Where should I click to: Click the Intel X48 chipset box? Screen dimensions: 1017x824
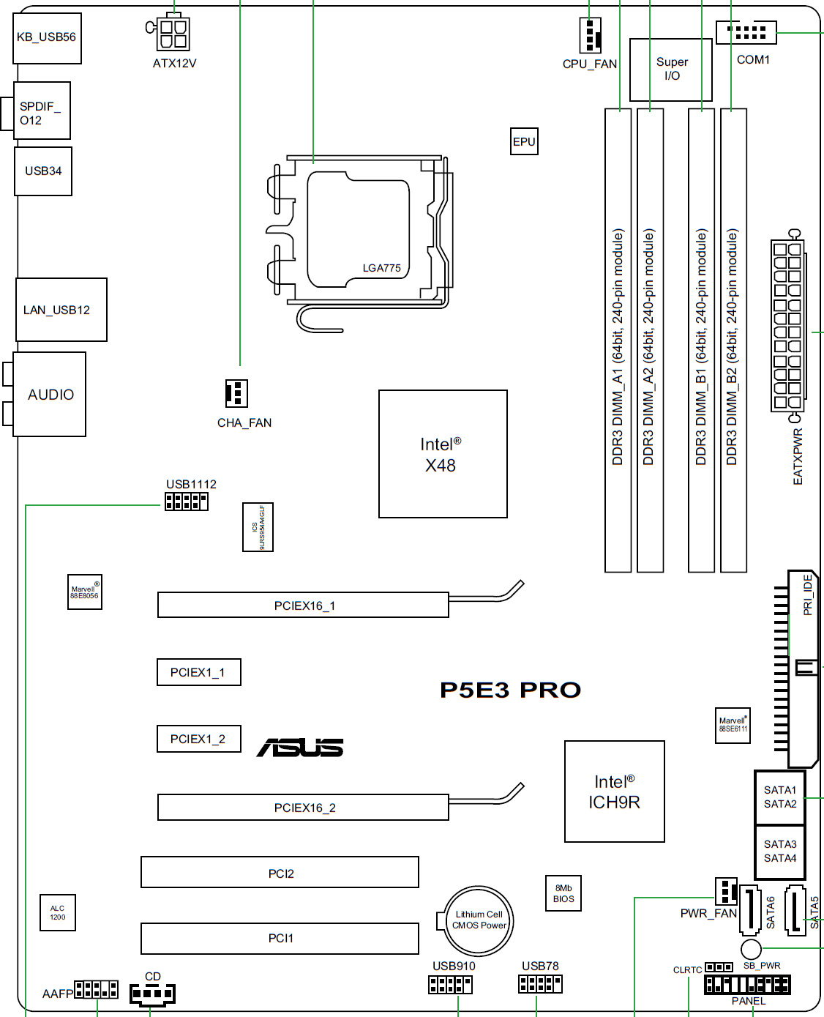click(x=443, y=454)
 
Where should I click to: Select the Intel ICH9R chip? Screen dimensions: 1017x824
click(x=614, y=791)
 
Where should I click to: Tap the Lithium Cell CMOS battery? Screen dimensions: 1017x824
click(x=479, y=920)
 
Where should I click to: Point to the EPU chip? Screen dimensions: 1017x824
click(x=524, y=141)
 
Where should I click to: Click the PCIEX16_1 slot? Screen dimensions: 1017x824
click(x=303, y=606)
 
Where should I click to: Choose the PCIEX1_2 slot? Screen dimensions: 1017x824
click(x=198, y=739)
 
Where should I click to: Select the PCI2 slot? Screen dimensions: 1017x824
click(x=280, y=873)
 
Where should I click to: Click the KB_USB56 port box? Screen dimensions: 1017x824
click(x=47, y=37)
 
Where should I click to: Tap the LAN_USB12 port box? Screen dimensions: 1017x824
click(x=61, y=310)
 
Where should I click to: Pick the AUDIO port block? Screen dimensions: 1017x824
click(x=50, y=395)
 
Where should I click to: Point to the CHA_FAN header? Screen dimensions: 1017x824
click(x=236, y=393)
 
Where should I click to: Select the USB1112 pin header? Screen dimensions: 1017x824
click(x=187, y=502)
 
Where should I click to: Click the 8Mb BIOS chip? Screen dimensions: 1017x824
click(x=563, y=893)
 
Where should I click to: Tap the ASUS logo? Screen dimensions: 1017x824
click(x=300, y=748)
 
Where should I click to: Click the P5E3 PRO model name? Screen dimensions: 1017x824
click(x=510, y=690)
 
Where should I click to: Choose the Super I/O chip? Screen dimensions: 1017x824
click(x=671, y=70)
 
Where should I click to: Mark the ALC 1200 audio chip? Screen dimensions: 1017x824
click(x=58, y=912)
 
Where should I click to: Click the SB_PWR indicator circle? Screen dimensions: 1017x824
click(x=751, y=949)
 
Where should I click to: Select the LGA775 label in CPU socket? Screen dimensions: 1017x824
click(x=381, y=268)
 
